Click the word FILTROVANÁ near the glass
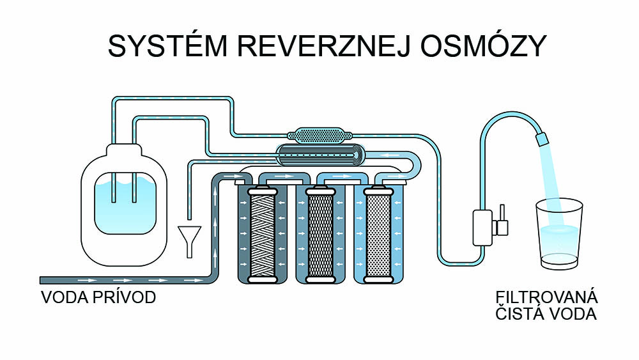pyautogui.click(x=546, y=298)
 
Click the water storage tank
pyautogui.click(x=124, y=205)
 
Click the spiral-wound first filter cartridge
pyautogui.click(x=261, y=235)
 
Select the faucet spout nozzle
pyautogui.click(x=542, y=137)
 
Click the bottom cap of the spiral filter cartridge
pyautogui.click(x=261, y=279)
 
